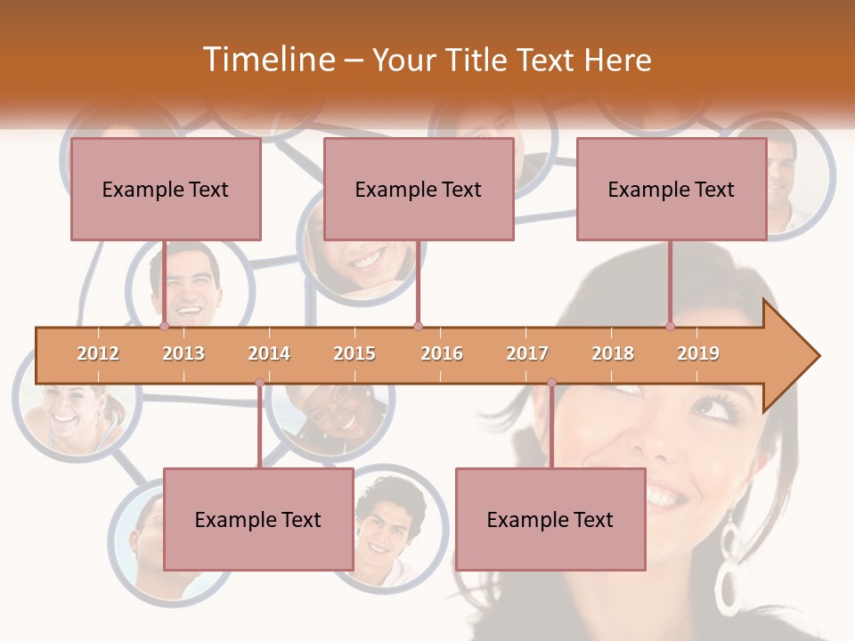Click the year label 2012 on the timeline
pyautogui.click(x=98, y=353)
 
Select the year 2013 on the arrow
pyautogui.click(x=183, y=353)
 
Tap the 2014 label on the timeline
pyautogui.click(x=269, y=353)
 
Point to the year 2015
pyautogui.click(x=354, y=353)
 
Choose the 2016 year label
pyautogui.click(x=442, y=353)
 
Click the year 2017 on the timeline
pyautogui.click(x=527, y=353)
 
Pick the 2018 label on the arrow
pyautogui.click(x=613, y=353)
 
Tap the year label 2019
pyautogui.click(x=698, y=353)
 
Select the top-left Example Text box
pyautogui.click(x=166, y=189)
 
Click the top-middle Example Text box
pyautogui.click(x=419, y=189)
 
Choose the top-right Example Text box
pyautogui.click(x=672, y=189)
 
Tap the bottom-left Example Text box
pyautogui.click(x=258, y=519)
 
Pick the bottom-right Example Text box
pyautogui.click(x=550, y=519)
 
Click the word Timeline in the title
pyautogui.click(x=267, y=60)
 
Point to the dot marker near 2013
pyautogui.click(x=165, y=327)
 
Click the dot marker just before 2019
pyautogui.click(x=670, y=327)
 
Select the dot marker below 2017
pyautogui.click(x=551, y=383)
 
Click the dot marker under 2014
pyautogui.click(x=259, y=383)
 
